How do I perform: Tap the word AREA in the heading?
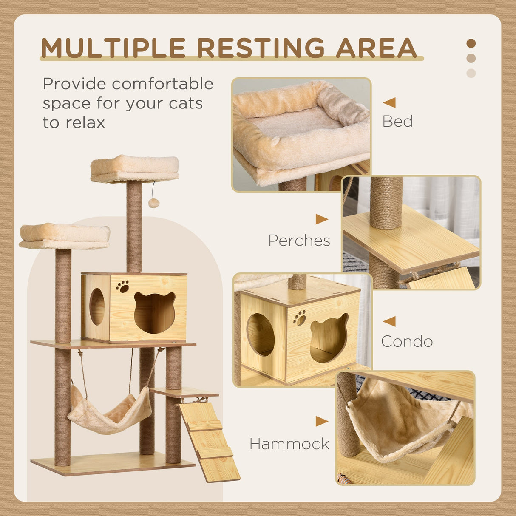(x=376, y=48)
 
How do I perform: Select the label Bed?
(x=397, y=122)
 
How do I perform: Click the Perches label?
(x=299, y=241)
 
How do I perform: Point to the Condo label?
(x=407, y=341)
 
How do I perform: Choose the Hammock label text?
(x=289, y=444)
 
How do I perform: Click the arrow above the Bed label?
(x=389, y=102)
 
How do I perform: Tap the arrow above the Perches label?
(x=321, y=219)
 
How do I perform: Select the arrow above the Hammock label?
(x=321, y=421)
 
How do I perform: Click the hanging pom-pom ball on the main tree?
(x=153, y=203)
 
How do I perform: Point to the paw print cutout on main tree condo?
(x=123, y=286)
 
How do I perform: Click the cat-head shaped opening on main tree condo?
(x=155, y=312)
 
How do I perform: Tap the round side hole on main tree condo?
(x=97, y=306)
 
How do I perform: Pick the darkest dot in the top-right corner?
(x=471, y=43)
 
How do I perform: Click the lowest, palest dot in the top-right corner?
(x=471, y=73)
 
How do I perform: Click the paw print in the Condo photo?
(x=299, y=318)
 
